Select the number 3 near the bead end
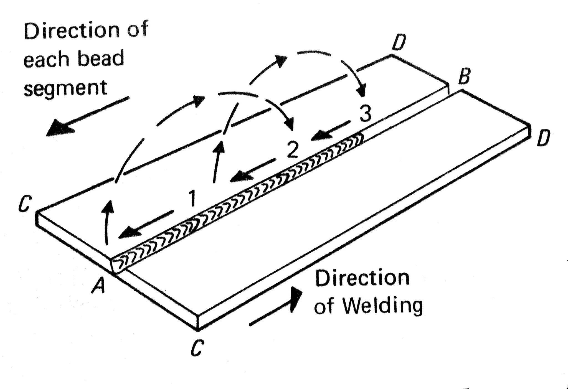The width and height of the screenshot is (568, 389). tap(365, 114)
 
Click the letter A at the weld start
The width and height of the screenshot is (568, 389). tap(99, 286)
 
